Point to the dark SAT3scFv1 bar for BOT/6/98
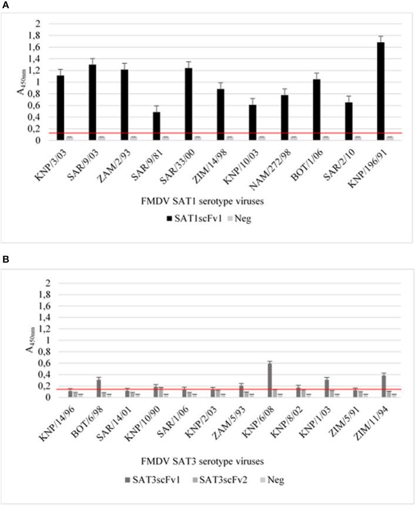(99, 388)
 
